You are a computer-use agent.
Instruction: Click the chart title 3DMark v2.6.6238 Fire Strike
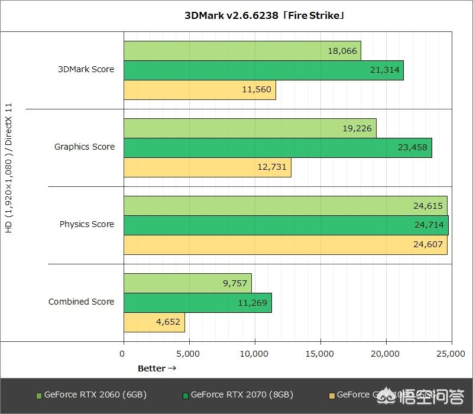[264, 15]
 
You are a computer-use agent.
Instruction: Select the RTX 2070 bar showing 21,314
[263, 70]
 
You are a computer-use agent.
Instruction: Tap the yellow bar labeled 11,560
[199, 90]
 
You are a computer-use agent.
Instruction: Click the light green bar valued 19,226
[250, 128]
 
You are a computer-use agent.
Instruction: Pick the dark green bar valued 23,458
[277, 147]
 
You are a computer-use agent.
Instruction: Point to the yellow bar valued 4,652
[154, 323]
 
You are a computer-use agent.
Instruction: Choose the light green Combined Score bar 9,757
[187, 283]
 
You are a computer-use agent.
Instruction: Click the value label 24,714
[428, 225]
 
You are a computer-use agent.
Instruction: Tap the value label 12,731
[272, 167]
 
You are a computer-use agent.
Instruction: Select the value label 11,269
[252, 303]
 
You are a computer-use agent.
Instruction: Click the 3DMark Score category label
[86, 69]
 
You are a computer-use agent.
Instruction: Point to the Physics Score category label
[87, 224]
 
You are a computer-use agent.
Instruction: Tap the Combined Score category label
[82, 302]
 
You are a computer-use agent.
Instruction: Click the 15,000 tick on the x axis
[320, 354]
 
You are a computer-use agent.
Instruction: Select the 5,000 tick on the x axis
[189, 354]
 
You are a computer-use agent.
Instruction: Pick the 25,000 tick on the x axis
[451, 354]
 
